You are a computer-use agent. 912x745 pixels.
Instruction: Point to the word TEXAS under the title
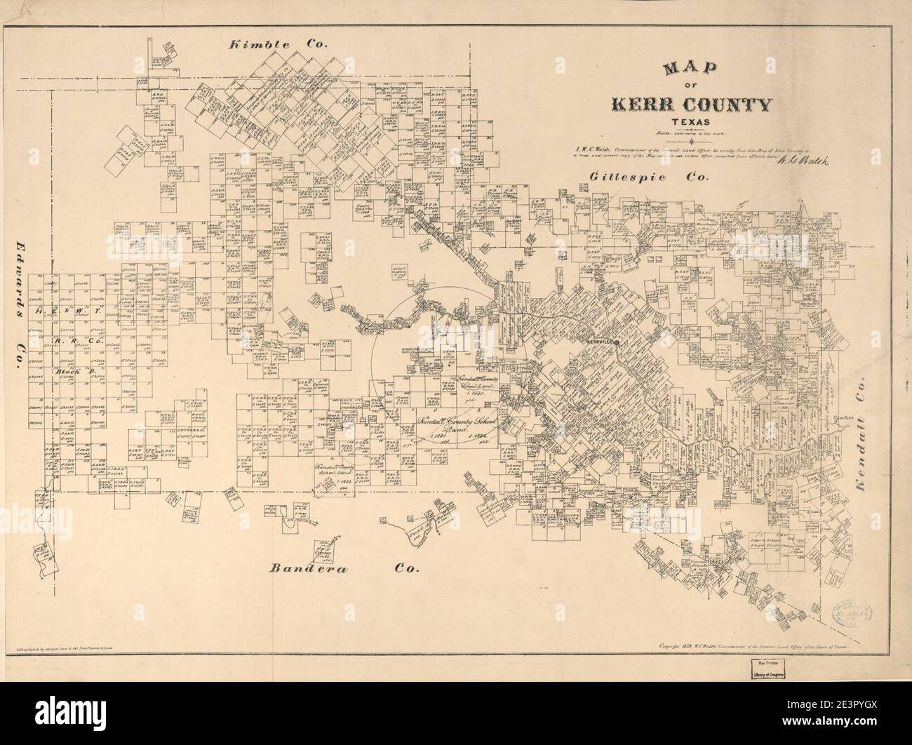(x=692, y=125)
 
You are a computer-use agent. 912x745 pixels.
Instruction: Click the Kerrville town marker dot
(x=616, y=342)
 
